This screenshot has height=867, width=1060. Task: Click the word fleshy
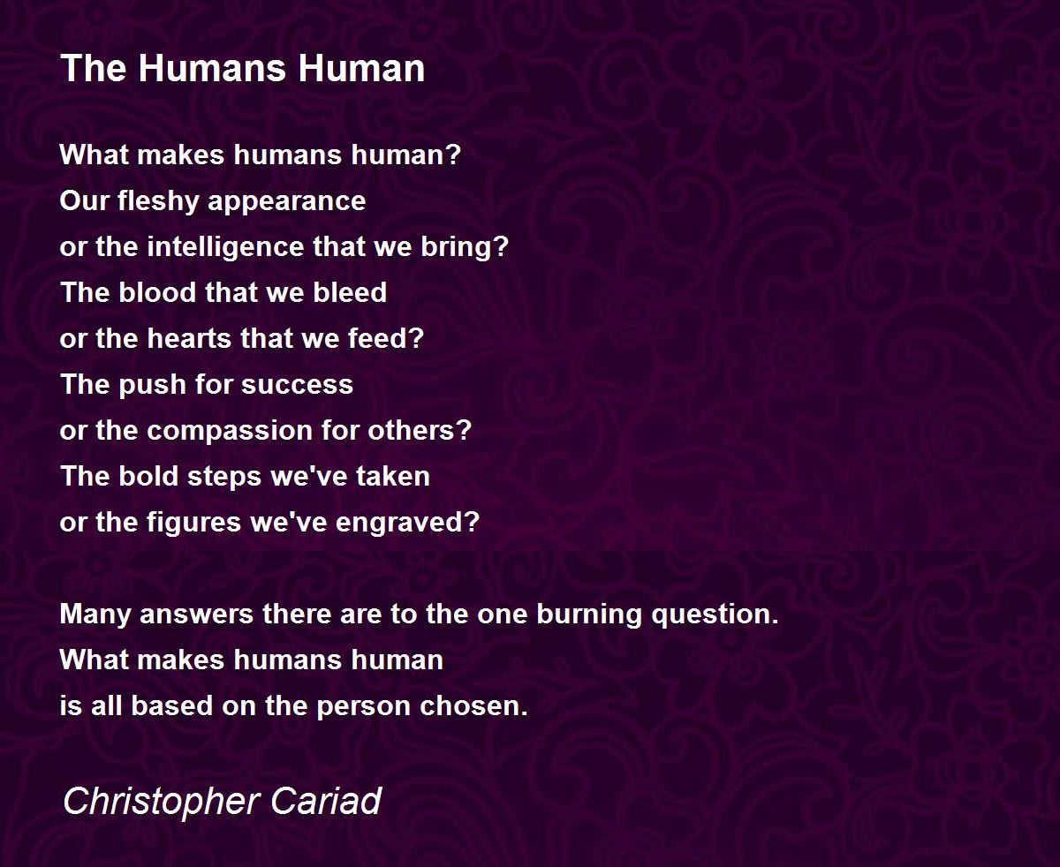tap(158, 202)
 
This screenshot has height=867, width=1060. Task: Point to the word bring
tap(465, 247)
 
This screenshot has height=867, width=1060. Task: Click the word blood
tap(157, 292)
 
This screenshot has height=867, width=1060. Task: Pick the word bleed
tap(350, 292)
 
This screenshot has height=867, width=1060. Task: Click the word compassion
tap(231, 432)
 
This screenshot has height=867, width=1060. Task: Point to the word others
tap(420, 431)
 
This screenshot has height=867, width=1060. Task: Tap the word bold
tap(148, 476)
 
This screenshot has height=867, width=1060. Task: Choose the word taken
tap(393, 476)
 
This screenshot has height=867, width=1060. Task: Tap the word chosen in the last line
tap(473, 705)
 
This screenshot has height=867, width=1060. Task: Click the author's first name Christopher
tap(162, 803)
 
